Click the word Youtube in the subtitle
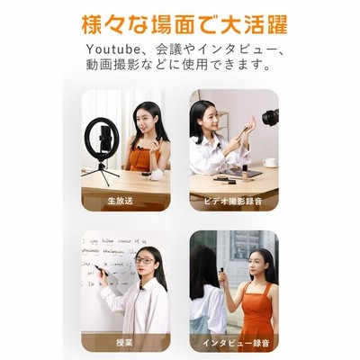[113, 49]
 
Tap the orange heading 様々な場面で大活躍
[184, 24]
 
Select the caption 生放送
[120, 201]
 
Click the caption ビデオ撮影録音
[233, 202]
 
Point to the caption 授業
[124, 342]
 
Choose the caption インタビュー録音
[236, 343]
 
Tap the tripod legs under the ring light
[101, 174]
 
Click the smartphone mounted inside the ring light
[105, 139]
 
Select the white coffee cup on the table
[270, 163]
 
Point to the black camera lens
[270, 117]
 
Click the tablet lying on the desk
[241, 173]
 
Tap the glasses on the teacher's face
[145, 260]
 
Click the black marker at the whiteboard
[102, 270]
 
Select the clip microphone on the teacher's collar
[141, 289]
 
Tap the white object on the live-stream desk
[156, 175]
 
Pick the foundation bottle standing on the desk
[245, 174]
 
